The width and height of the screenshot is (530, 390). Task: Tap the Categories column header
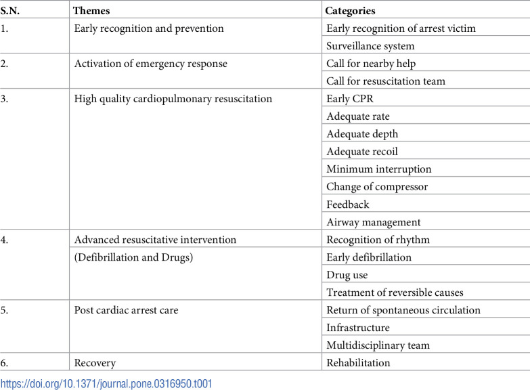350,11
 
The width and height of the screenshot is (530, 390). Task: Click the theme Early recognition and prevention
149,28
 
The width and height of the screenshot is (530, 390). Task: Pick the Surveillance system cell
370,46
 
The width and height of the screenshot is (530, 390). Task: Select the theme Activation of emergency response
151,64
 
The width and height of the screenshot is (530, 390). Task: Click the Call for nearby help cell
371,64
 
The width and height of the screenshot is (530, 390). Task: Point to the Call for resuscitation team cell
386,81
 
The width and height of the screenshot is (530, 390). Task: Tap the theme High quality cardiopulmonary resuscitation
173,99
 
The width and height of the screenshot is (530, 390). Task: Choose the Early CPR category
349,99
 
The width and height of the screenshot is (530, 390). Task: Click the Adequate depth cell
362,134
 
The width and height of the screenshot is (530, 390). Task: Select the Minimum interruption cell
379,169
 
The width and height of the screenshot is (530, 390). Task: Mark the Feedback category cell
348,204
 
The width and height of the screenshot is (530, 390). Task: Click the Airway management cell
374,222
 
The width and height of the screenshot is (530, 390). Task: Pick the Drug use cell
347,275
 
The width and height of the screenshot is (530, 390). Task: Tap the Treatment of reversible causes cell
394,292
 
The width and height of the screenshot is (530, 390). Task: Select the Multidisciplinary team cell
378,345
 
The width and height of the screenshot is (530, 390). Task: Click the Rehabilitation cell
358,363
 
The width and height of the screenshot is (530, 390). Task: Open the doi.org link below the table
106,383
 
